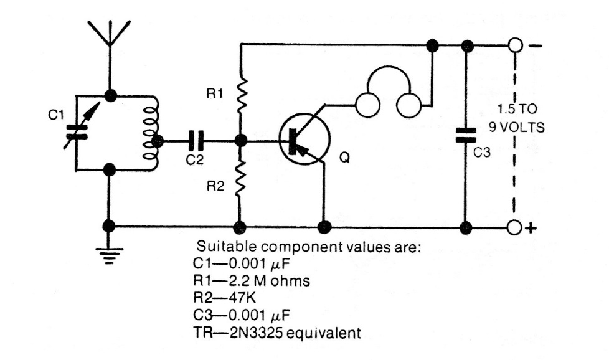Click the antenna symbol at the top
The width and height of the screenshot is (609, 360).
[x=110, y=34]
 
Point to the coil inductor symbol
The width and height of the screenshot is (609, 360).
[x=150, y=132]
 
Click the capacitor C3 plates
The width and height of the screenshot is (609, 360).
[x=465, y=134]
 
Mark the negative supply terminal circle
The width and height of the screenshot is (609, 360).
[x=514, y=45]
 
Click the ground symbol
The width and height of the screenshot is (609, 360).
[x=110, y=253]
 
